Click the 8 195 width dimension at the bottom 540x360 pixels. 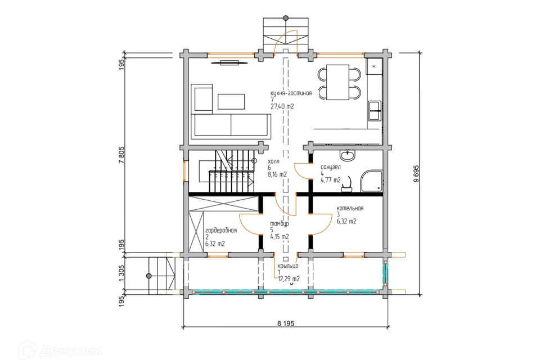286,323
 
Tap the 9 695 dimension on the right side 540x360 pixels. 416,173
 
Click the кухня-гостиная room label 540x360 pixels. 291,93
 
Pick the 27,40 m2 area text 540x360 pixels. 282,106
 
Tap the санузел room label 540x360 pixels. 331,167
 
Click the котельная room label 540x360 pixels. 350,208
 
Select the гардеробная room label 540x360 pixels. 220,231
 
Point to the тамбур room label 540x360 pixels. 280,224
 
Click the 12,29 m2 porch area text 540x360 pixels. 289,279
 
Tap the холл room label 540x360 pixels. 273,161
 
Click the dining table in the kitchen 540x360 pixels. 338,82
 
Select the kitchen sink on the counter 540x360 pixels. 375,110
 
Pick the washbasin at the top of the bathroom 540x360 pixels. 348,155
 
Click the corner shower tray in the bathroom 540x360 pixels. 372,181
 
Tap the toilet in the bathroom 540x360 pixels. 347,185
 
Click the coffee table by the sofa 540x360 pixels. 231,102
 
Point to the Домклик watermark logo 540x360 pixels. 61,350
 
